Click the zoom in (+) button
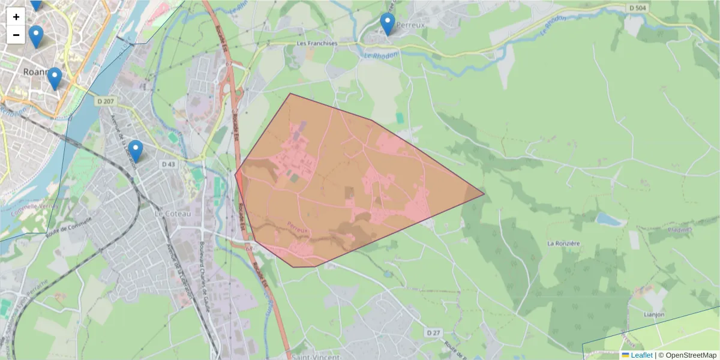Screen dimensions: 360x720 tap(16, 17)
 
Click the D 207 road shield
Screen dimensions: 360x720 tap(105, 102)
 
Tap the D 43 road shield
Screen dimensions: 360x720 tap(168, 164)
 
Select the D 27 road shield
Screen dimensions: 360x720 tap(433, 332)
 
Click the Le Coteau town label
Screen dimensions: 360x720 tap(172, 214)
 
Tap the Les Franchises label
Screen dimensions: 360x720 tap(317, 44)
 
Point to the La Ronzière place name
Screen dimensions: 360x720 tap(563, 243)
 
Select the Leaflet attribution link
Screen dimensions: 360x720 tap(641, 355)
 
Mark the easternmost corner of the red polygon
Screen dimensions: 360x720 tap(484, 194)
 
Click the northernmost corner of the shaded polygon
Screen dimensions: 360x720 tap(290, 94)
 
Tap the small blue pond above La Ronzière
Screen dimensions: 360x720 tap(609, 220)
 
